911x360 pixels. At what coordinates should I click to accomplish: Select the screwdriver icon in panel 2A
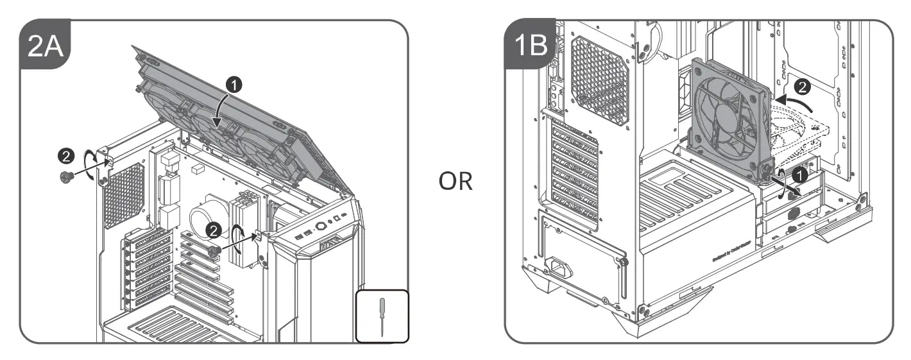pos(382,315)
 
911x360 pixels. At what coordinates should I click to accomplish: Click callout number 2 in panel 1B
pos(802,85)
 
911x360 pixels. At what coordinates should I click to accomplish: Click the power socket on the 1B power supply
pos(558,264)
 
